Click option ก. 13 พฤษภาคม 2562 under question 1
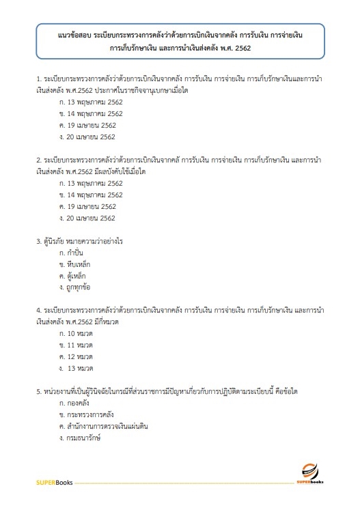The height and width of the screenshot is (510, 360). pyautogui.click(x=91, y=102)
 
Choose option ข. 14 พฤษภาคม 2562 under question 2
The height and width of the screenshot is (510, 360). pyautogui.click(x=91, y=195)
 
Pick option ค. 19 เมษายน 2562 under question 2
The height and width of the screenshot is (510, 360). pyautogui.click(x=87, y=206)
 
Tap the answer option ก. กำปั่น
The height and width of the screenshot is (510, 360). pyautogui.click(x=73, y=253)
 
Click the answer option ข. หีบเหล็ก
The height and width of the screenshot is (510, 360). pyautogui.click(x=75, y=264)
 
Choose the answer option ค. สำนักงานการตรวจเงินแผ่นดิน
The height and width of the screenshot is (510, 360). pyautogui.click(x=104, y=426)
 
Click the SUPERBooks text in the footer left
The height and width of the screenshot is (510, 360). pyautogui.click(x=55, y=483)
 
